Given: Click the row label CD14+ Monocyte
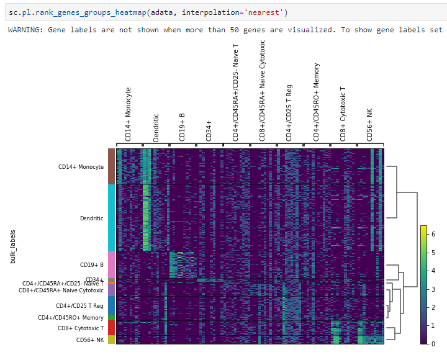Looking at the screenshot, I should (81, 166).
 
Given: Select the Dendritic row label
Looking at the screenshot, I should (91, 218).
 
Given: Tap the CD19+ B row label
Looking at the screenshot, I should (91, 265).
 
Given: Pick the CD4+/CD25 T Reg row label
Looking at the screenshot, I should (79, 305).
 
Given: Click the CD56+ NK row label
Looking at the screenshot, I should (90, 340).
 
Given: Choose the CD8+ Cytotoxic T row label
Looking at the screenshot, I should (81, 328).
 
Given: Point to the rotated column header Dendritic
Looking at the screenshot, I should (156, 127).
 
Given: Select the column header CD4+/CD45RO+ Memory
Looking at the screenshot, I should (317, 102).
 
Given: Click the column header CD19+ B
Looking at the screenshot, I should (183, 127).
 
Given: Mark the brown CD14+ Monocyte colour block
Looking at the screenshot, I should (111, 166).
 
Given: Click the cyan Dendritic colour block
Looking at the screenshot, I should (111, 218).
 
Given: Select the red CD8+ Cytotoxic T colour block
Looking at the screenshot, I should (111, 328).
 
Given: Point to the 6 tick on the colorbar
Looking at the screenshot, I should (433, 235).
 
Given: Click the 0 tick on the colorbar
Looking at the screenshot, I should (433, 343).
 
